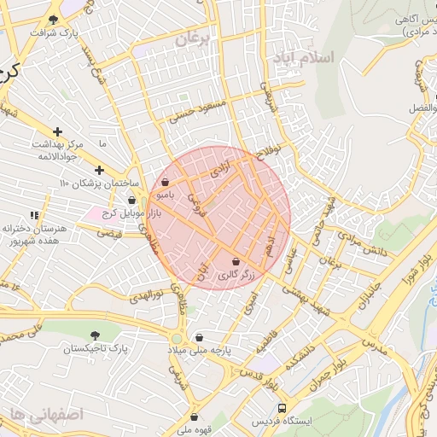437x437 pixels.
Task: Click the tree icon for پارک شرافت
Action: click(x=55, y=19)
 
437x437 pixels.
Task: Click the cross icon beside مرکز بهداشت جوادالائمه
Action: click(x=57, y=131)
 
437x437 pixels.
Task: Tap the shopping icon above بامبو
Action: click(x=164, y=182)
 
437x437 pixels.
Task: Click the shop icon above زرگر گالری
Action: click(x=236, y=261)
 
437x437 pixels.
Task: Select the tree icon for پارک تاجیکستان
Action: click(x=94, y=335)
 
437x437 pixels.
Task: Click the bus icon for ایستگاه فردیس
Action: click(x=283, y=408)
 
